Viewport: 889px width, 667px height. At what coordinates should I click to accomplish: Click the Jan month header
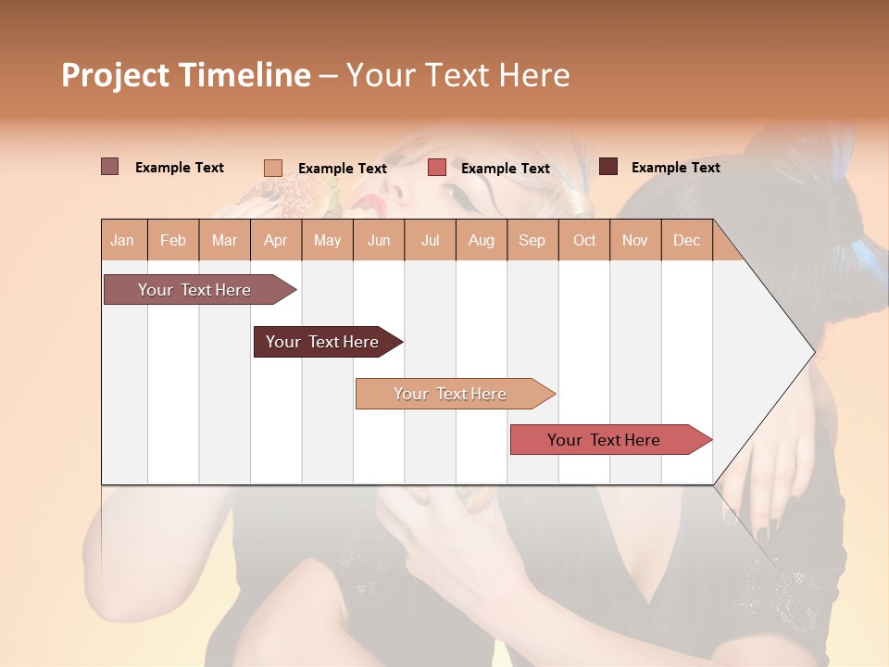click(x=122, y=240)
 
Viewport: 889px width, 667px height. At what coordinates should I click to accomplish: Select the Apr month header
click(x=276, y=240)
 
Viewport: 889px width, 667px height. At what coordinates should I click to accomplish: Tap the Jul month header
click(x=430, y=240)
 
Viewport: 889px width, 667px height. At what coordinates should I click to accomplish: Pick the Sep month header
click(x=532, y=240)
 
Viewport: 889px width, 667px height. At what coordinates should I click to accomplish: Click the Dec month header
click(x=686, y=240)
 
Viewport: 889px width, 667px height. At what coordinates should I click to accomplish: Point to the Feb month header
click(x=173, y=240)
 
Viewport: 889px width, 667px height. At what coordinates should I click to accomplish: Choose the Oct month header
click(x=584, y=240)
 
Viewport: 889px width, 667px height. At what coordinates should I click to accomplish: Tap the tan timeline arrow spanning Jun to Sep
click(x=452, y=394)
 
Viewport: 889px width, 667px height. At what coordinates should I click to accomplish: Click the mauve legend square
click(x=109, y=167)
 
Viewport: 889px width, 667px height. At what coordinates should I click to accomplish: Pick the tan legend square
click(x=272, y=168)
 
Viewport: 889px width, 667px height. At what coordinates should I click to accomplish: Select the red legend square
click(x=437, y=168)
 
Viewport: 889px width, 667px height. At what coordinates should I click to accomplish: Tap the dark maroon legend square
click(x=608, y=167)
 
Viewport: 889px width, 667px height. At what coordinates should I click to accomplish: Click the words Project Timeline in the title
click(x=185, y=75)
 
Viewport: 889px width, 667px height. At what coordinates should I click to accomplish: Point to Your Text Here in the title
click(x=457, y=75)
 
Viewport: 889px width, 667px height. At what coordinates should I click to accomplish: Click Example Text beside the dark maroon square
click(x=675, y=168)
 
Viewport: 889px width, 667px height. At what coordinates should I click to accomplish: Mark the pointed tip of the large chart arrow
click(x=812, y=352)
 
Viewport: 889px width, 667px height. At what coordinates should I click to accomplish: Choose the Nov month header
click(x=635, y=240)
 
